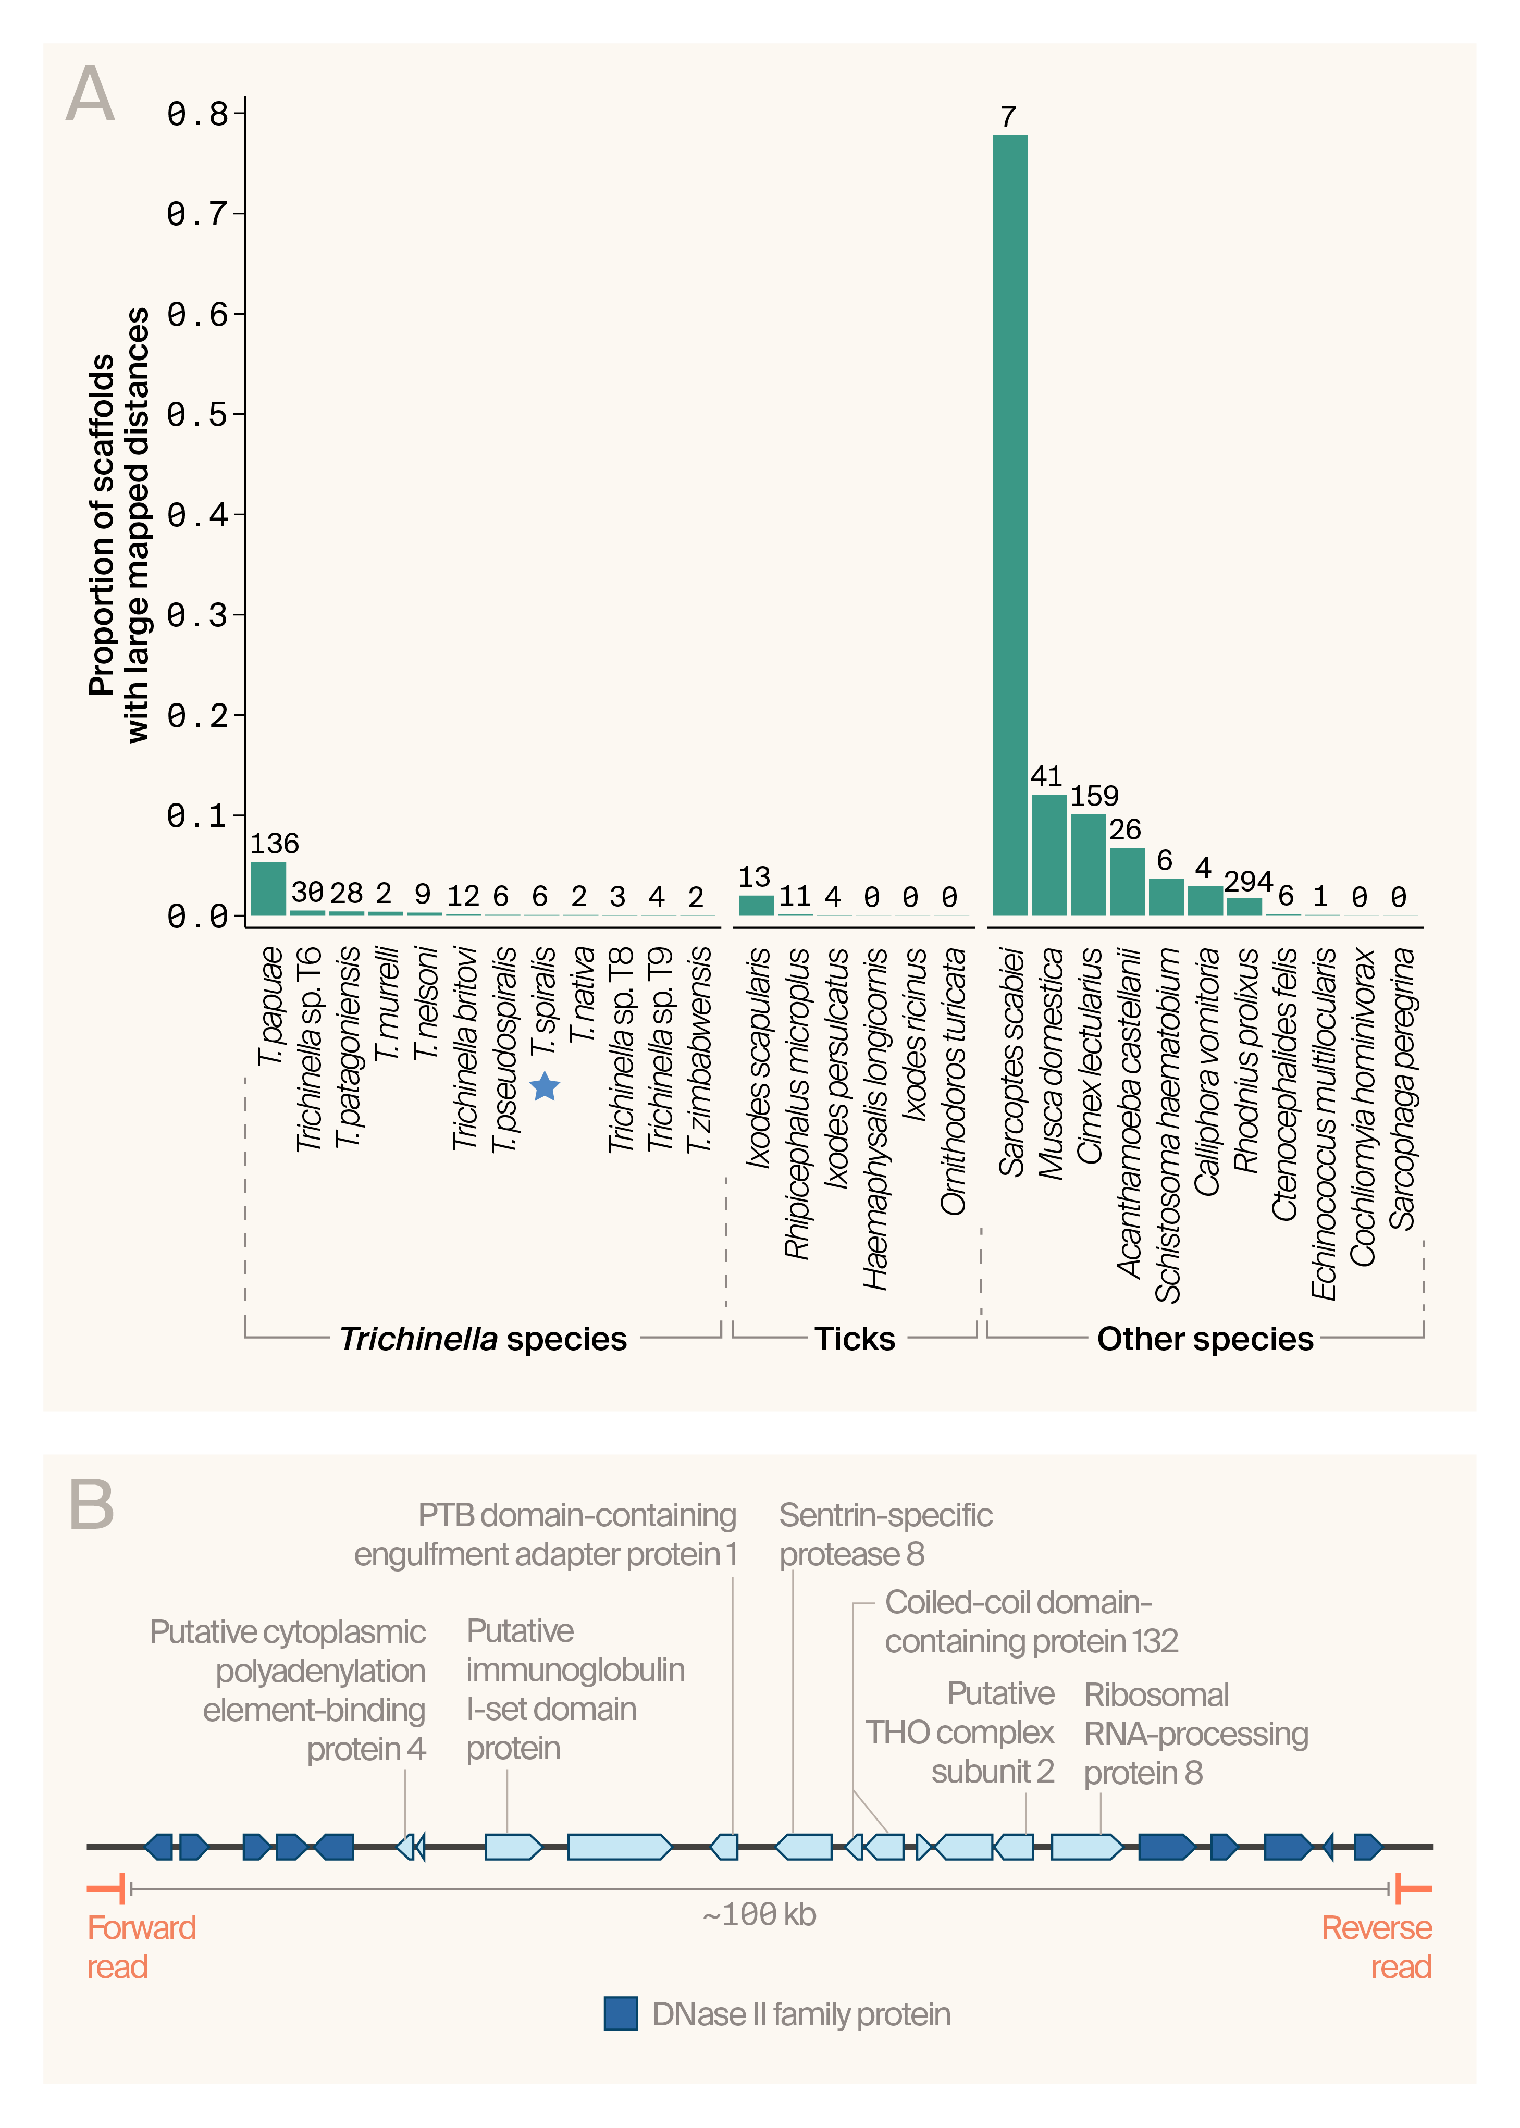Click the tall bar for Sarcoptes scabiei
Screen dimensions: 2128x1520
1010,524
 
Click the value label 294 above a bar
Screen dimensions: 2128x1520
1247,882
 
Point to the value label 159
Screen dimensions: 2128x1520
1094,796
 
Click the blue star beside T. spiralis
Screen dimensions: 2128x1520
545,1087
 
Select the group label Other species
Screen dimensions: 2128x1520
1205,1339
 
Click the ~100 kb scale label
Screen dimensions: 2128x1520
759,1915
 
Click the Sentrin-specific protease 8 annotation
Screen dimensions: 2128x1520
885,1535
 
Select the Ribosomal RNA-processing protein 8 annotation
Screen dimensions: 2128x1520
1195,1734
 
